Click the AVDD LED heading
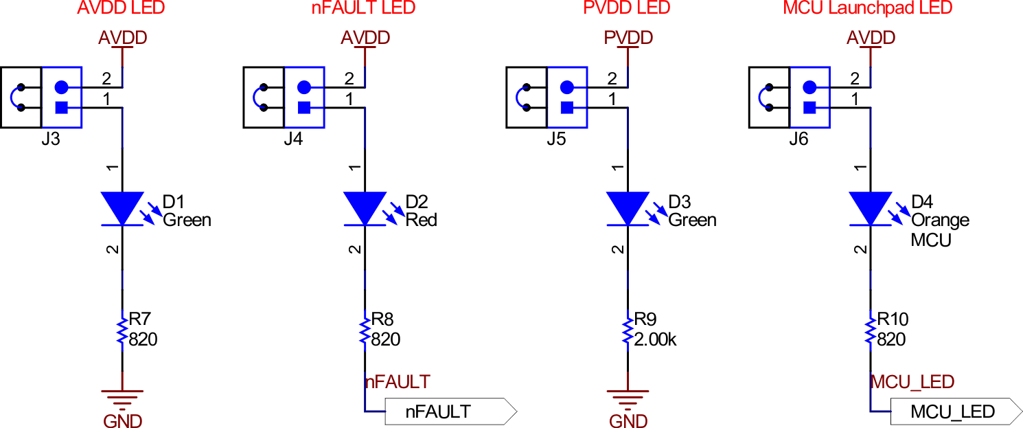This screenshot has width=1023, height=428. [122, 8]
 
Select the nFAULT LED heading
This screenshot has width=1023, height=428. [365, 8]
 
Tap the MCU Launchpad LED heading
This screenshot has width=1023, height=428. [868, 8]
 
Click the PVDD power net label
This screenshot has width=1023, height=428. [628, 38]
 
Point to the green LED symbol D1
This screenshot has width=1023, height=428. [122, 208]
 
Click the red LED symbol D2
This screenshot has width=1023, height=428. [365, 208]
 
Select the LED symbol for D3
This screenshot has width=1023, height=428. [628, 208]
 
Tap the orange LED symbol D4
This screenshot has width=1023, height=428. [871, 208]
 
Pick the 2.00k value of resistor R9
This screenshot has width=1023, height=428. [655, 339]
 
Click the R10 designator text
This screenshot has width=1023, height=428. [893, 319]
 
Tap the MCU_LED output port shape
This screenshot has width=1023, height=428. [955, 412]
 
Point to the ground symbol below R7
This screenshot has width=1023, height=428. [122, 397]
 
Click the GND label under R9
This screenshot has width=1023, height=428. [628, 420]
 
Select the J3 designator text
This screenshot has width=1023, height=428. [51, 139]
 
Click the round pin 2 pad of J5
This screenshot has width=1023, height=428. [566, 87]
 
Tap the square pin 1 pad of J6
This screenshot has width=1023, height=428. [809, 107]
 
